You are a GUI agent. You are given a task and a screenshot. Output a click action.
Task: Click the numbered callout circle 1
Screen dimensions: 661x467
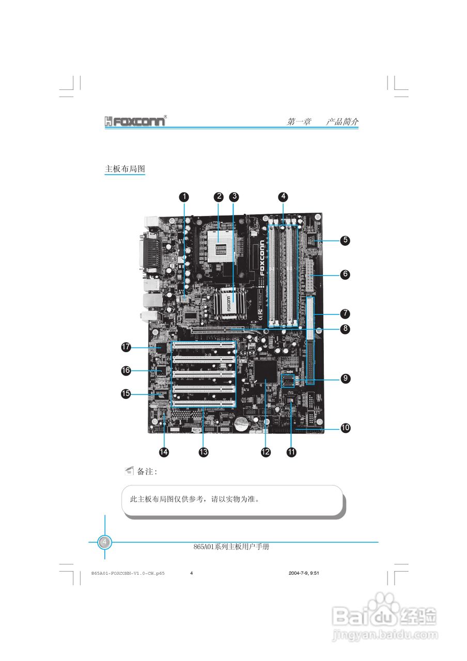coord(184,196)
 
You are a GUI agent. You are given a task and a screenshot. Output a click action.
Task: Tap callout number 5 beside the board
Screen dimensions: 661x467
coord(345,240)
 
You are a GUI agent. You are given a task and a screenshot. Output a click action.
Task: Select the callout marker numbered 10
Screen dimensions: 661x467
coord(345,428)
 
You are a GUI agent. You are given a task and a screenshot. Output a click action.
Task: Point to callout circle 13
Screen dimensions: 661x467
coord(204,452)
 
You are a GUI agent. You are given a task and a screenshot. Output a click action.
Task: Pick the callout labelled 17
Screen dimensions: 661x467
coord(126,348)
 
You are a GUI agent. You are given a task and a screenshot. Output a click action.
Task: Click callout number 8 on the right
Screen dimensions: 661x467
coord(345,328)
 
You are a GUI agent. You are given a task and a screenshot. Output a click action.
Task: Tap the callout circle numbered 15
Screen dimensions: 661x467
coord(126,394)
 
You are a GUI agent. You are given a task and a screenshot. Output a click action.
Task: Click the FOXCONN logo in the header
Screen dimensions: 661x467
coord(135,122)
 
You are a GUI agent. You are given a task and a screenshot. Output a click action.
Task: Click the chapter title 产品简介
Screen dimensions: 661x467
coord(342,122)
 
